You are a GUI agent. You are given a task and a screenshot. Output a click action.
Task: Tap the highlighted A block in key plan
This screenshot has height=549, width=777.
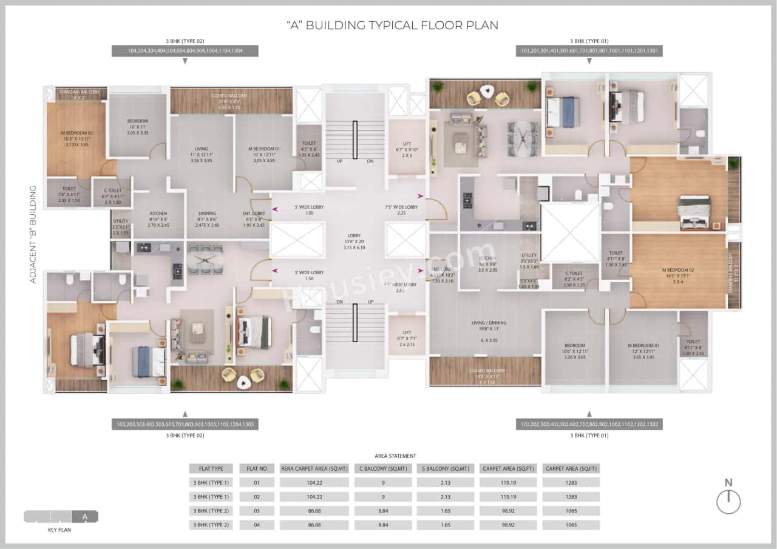pos(85,517)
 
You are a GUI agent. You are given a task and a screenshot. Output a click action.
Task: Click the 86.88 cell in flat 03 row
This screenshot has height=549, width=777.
pos(314,510)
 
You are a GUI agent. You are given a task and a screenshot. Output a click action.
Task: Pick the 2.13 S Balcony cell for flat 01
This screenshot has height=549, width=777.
pos(445,482)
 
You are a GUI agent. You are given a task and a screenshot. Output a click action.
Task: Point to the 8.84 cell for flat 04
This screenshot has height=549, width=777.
pos(383,525)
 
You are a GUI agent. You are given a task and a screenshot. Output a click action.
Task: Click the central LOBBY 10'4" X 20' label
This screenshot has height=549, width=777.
pos(354,241)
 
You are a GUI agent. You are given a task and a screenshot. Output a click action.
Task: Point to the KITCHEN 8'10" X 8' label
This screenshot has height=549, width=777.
pos(158,219)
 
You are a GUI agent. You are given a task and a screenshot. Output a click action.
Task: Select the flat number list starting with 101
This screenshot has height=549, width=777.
pos(589,52)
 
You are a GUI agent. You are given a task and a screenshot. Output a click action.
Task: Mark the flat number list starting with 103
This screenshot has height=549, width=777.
pos(185,424)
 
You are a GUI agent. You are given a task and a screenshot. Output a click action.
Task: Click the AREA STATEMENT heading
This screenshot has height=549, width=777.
pos(395,456)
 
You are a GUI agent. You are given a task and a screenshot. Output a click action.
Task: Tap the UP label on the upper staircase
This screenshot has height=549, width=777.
pos(339,161)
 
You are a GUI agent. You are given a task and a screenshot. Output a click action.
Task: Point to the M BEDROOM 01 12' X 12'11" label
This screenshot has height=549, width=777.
pos(643,351)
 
